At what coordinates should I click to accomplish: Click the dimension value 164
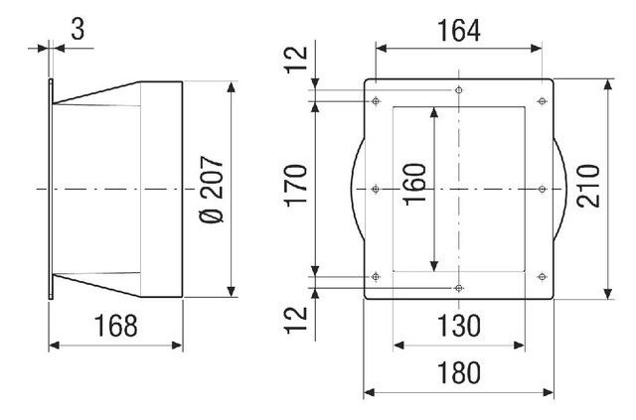(x=459, y=31)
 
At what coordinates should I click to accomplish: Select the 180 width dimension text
(x=459, y=373)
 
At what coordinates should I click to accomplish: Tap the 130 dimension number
(x=459, y=326)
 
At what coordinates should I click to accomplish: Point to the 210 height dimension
(x=588, y=186)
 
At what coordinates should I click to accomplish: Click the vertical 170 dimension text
(x=296, y=186)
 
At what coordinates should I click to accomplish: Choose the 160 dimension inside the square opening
(x=415, y=184)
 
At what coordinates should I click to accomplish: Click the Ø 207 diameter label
(x=212, y=190)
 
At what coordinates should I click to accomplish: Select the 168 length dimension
(x=115, y=326)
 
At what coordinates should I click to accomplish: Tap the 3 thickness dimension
(x=78, y=30)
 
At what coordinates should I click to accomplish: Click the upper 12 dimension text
(x=296, y=60)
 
